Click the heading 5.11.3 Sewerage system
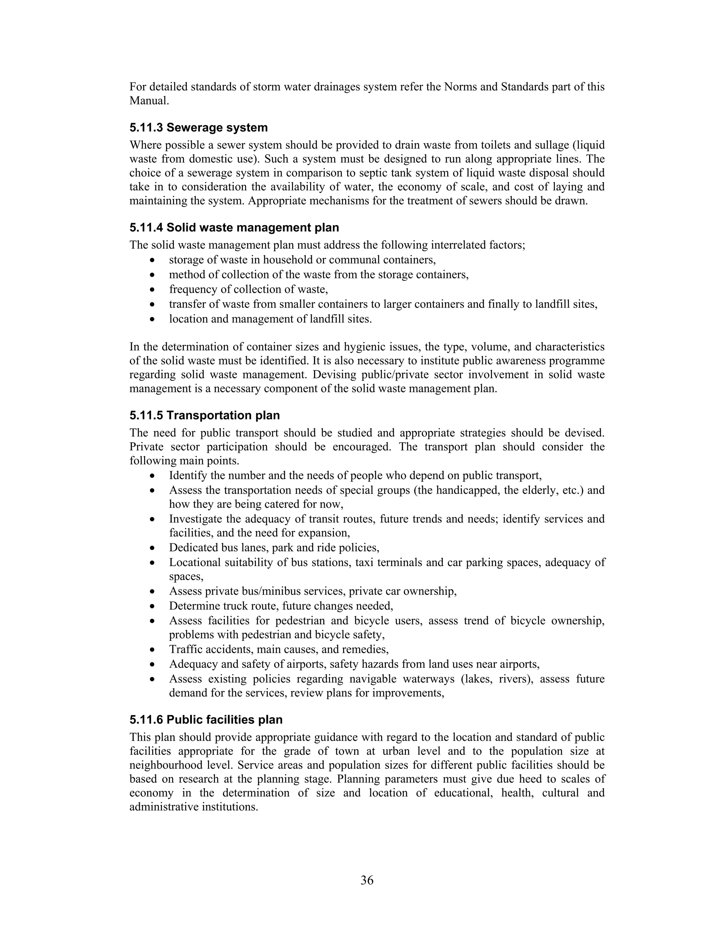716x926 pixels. pyautogui.click(x=199, y=128)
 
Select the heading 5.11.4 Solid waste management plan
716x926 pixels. pyautogui.click(x=234, y=228)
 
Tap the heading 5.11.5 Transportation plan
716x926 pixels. pyautogui.click(x=205, y=415)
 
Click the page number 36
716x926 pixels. pyautogui.click(x=367, y=881)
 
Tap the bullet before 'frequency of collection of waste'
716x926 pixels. pyautogui.click(x=153, y=290)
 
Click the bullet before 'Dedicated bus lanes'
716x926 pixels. pyautogui.click(x=153, y=548)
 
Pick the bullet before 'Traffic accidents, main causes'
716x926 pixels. pyautogui.click(x=153, y=650)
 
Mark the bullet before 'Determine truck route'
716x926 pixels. pyautogui.click(x=153, y=606)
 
